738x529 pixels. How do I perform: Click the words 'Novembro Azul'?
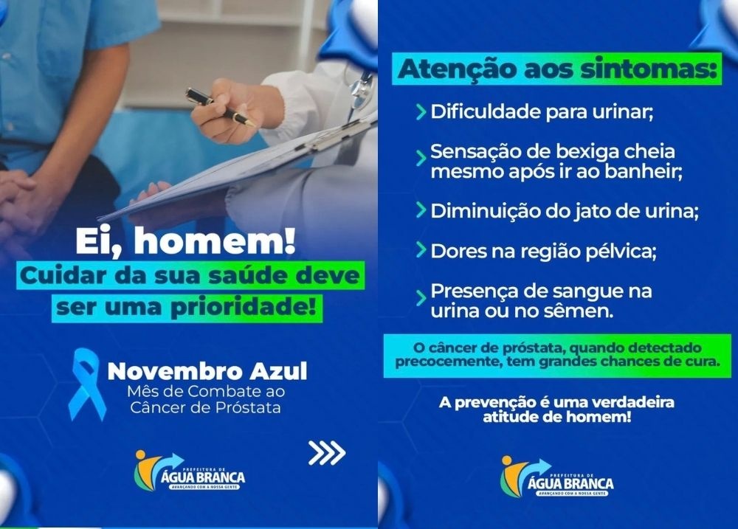[207, 371]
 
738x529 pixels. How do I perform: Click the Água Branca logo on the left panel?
[189, 472]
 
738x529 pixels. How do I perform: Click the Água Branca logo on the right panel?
[556, 477]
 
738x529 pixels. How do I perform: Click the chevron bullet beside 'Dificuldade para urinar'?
[421, 113]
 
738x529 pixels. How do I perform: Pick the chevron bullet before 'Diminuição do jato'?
[421, 210]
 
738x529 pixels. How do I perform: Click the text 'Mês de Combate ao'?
[196, 392]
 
